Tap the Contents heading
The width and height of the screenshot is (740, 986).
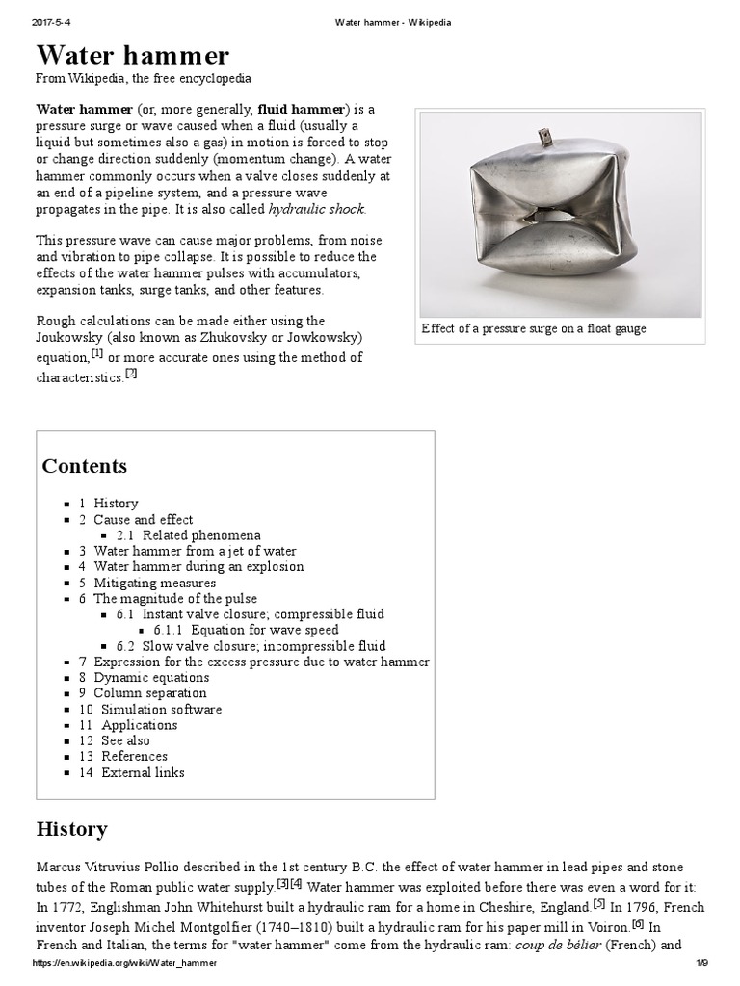tap(85, 466)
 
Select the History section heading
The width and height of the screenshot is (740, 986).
tap(71, 829)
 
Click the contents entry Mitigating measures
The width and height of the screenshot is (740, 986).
tap(154, 583)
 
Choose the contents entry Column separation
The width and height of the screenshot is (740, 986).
tap(149, 692)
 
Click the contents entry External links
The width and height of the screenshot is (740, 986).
tap(143, 771)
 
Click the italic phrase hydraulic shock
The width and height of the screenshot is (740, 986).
tap(317, 209)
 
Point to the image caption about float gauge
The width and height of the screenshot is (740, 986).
tap(534, 329)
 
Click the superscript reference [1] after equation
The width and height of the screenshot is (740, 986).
tap(97, 352)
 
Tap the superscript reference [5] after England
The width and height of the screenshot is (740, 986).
tap(599, 903)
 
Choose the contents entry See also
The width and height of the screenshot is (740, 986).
tap(125, 740)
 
